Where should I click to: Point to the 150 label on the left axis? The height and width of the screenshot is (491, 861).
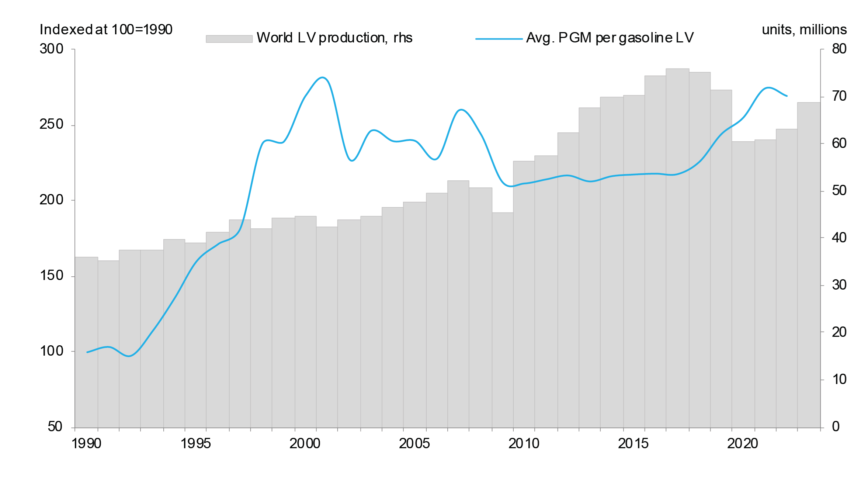(51, 276)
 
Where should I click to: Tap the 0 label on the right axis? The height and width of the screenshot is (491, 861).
(836, 427)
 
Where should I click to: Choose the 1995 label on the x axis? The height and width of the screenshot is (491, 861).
(195, 443)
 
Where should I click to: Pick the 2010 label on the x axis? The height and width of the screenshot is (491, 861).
(524, 443)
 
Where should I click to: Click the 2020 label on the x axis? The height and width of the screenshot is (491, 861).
(742, 443)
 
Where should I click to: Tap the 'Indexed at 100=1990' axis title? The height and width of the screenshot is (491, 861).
(106, 30)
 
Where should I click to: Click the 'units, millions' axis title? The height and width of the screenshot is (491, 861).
(804, 30)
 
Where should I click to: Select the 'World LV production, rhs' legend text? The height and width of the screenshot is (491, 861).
(334, 38)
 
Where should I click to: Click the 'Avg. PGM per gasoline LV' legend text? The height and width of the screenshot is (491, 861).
(610, 38)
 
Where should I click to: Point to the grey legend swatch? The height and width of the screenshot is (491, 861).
(229, 39)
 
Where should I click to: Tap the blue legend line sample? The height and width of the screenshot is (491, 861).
(499, 39)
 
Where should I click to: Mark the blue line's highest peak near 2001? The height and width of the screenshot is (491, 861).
(323, 77)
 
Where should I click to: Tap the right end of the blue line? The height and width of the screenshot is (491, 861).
(787, 96)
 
